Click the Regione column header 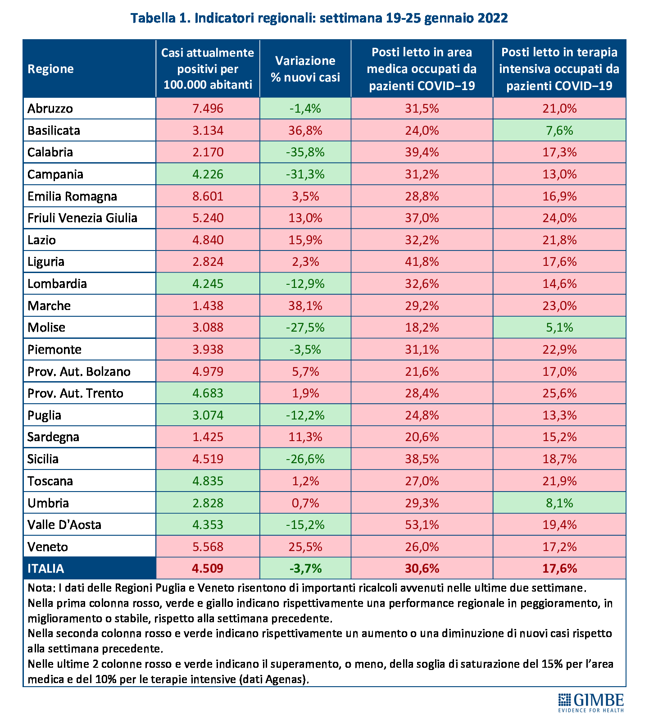(x=50, y=69)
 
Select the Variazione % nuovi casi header (x=305, y=69)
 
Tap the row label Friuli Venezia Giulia (x=82, y=218)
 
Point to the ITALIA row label (x=45, y=569)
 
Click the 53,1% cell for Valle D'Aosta (x=422, y=525)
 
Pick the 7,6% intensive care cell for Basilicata (x=559, y=131)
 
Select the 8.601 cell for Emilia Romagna (x=208, y=196)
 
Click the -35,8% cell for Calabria (x=305, y=152)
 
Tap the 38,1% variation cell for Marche (x=305, y=306)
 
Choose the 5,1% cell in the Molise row (x=559, y=328)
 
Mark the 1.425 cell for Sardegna (x=208, y=437)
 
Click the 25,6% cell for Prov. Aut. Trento (x=559, y=393)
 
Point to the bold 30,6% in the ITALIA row (x=422, y=569)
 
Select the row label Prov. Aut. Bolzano (x=79, y=372)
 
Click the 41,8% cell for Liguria (x=422, y=262)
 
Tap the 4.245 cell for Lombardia (x=208, y=284)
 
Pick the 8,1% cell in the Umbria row (x=559, y=503)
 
